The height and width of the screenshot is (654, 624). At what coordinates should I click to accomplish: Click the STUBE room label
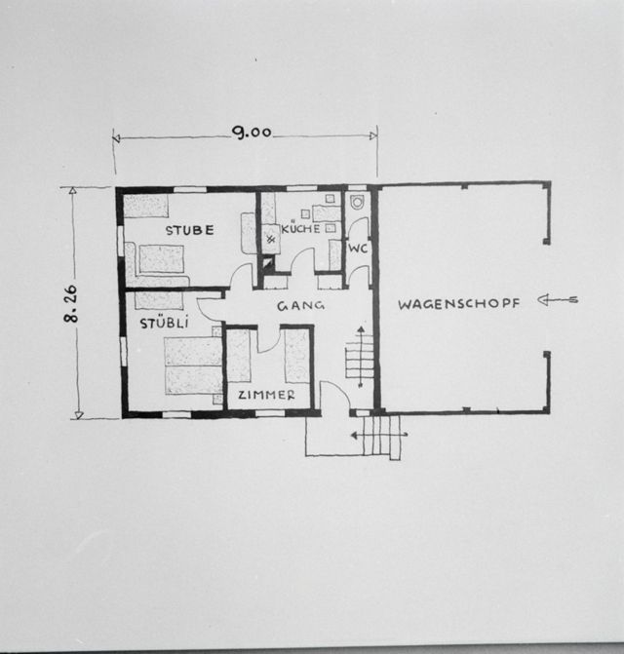click(190, 230)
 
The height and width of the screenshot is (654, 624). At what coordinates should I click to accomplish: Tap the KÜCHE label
click(300, 228)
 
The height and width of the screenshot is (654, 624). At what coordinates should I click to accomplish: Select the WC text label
click(358, 249)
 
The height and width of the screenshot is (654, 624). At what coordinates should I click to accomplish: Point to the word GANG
click(300, 306)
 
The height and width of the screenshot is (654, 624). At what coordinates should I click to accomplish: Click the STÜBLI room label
click(164, 323)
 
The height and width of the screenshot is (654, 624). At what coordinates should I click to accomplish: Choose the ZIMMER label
click(266, 395)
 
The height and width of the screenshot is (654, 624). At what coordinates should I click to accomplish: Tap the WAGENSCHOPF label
click(459, 304)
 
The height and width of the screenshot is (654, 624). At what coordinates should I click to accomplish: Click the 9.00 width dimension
click(252, 133)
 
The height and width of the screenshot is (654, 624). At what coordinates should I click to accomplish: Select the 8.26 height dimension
click(70, 304)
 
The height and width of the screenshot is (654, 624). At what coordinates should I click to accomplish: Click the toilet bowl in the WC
click(358, 203)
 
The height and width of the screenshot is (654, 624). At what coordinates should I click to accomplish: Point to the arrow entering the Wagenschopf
click(558, 299)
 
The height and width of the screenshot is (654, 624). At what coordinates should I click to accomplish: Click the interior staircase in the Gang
click(360, 357)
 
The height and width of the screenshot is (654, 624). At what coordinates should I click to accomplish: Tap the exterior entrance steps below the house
click(382, 437)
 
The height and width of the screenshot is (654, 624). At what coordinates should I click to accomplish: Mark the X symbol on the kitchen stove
click(271, 240)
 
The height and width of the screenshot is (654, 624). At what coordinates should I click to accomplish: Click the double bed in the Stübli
click(194, 366)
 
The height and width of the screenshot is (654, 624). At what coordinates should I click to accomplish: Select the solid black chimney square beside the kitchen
click(267, 263)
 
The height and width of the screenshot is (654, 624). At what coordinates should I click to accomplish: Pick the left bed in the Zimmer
click(239, 356)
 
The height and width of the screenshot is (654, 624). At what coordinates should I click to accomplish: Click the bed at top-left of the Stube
click(146, 206)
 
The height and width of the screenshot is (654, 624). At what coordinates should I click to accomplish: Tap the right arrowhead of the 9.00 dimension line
click(373, 135)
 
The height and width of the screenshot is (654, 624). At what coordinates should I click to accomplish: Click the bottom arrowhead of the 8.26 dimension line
click(79, 415)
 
